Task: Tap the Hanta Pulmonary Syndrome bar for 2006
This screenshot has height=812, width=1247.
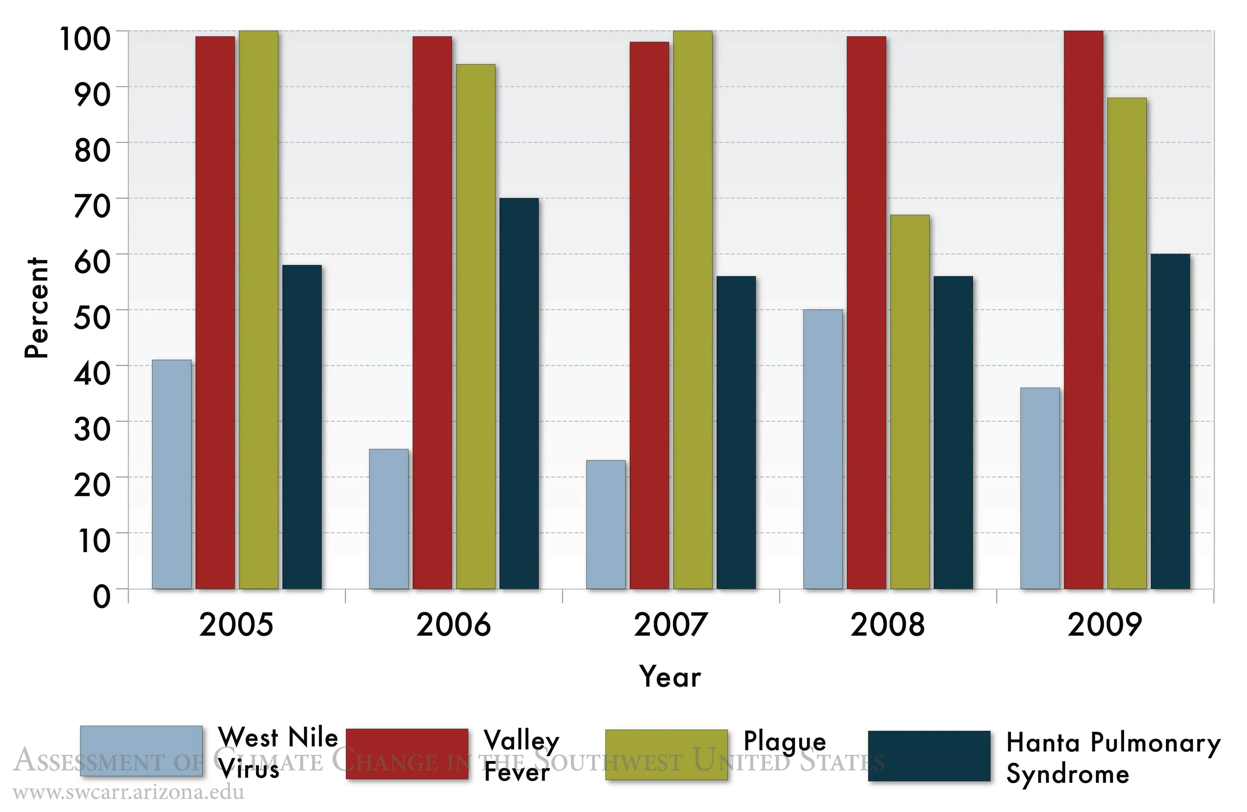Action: pos(519,393)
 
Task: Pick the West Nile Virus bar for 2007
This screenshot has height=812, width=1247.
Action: pos(606,524)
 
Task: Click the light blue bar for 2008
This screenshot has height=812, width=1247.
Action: pos(823,449)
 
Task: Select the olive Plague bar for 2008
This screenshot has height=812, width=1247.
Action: pos(910,402)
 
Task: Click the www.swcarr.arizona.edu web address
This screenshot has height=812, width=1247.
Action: pos(128,792)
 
